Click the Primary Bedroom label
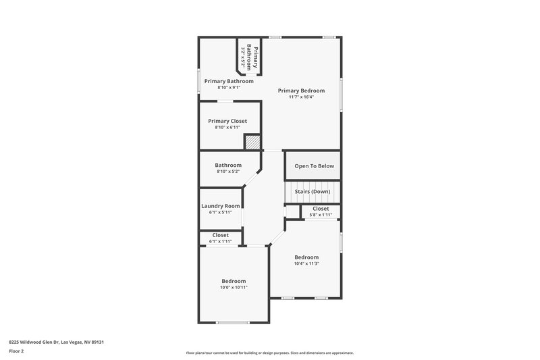[x=301, y=91]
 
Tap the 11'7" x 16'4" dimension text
[x=301, y=97]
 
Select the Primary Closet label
[x=227, y=121]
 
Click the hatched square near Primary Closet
[x=252, y=142]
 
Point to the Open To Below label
[x=314, y=166]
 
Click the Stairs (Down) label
[x=313, y=192]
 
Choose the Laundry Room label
[x=221, y=206]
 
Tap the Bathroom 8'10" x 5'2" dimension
[x=228, y=172]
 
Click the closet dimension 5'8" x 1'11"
[x=321, y=215]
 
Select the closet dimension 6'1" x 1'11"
[x=221, y=241]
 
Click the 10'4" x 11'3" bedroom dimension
[x=306, y=263]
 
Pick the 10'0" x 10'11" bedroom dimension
[x=234, y=288]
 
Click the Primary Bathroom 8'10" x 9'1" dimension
[x=229, y=87]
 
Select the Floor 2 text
[x=17, y=351]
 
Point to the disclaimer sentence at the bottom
[x=269, y=353]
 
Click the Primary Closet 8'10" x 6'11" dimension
[x=227, y=127]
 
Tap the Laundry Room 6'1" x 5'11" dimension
[x=221, y=212]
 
